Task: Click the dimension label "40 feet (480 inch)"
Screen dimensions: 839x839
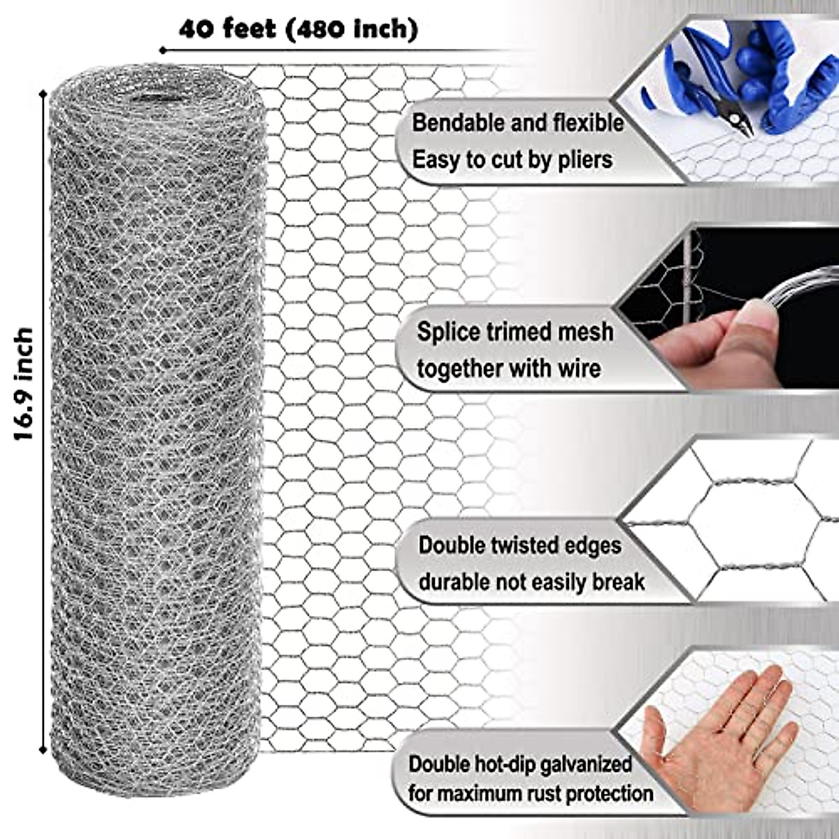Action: click(299, 29)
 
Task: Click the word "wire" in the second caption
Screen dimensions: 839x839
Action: click(579, 368)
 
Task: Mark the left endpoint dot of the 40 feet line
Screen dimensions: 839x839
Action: click(162, 50)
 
